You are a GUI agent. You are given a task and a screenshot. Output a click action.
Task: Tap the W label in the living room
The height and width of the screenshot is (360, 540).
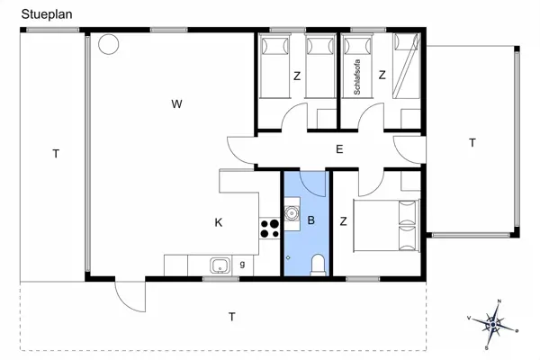click(x=177, y=105)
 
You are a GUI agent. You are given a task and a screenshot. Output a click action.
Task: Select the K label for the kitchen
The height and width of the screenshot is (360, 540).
click(x=218, y=221)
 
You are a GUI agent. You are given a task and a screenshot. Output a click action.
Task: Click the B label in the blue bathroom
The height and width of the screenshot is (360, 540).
click(x=311, y=220)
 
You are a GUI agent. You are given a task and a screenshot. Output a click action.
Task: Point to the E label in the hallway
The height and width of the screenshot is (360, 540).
click(x=338, y=149)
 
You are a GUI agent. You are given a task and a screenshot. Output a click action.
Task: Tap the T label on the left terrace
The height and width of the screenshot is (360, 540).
click(x=55, y=155)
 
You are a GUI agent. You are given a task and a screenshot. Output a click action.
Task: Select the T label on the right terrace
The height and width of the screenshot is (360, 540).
click(x=472, y=143)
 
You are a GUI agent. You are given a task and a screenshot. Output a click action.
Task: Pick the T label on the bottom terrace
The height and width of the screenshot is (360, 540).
click(x=231, y=317)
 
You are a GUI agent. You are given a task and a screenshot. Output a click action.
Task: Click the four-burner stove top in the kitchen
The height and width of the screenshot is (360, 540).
click(x=268, y=228)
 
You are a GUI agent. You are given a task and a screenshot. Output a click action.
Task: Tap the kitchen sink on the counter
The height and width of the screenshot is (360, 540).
click(x=219, y=265)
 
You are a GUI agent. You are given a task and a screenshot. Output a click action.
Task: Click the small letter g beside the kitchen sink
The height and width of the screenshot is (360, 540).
click(x=243, y=264)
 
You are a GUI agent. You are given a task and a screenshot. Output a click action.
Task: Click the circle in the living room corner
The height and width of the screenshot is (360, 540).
click(x=107, y=43)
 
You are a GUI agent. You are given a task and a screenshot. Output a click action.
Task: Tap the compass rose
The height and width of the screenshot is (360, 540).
click(x=493, y=320)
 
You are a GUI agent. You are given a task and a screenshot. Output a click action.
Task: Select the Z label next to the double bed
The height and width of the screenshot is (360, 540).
click(x=343, y=221)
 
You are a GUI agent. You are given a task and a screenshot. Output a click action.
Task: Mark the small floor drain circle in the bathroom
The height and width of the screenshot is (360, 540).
click(x=288, y=257)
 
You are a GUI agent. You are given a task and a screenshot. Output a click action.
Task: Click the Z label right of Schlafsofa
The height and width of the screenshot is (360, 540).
click(x=382, y=76)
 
